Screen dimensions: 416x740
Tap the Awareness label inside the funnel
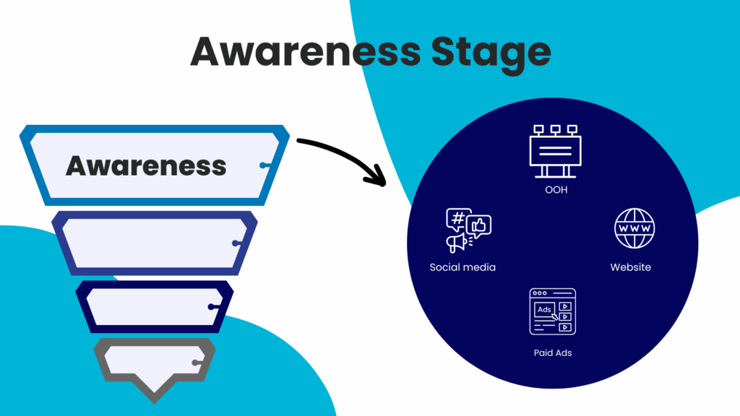(x=146, y=165)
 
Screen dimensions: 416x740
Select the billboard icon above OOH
(x=554, y=150)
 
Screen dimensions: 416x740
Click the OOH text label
(x=555, y=191)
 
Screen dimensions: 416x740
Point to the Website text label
(x=630, y=267)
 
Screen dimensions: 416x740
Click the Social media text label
(x=462, y=267)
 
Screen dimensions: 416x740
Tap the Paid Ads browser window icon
(x=552, y=311)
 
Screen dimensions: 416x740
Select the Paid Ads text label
(x=552, y=353)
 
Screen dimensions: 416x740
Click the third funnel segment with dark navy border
(x=154, y=306)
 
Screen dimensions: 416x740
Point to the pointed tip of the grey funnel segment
(x=154, y=397)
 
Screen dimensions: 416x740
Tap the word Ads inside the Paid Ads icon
(x=543, y=310)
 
